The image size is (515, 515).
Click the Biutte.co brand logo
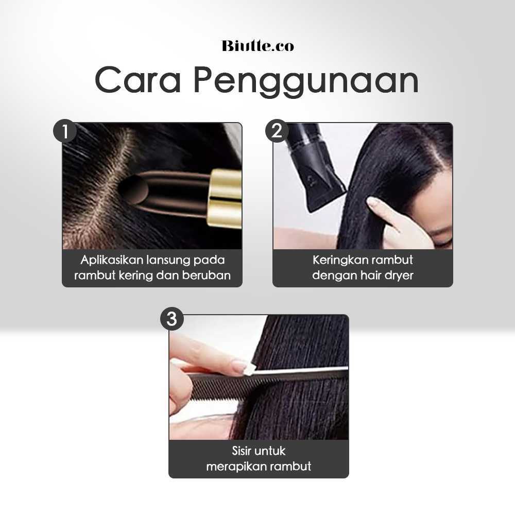[x=258, y=46]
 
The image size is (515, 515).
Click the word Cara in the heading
[x=138, y=80]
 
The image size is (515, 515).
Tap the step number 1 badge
[x=65, y=131]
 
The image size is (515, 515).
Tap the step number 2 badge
[x=277, y=131]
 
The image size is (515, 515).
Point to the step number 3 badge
[x=172, y=319]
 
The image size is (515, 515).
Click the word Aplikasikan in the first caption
[x=111, y=260]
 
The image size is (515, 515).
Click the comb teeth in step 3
[x=227, y=385]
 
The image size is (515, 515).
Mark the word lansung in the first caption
[x=168, y=261]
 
